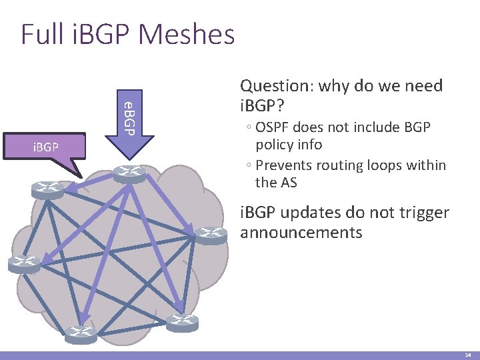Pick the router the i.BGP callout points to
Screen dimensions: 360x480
click(x=48, y=190)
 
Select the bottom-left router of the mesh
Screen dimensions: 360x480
click(x=81, y=334)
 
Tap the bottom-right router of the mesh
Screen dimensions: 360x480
click(x=182, y=323)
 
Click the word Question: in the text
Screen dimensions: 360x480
click(x=277, y=85)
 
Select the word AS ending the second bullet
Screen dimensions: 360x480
click(x=288, y=182)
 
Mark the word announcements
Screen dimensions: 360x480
click(x=301, y=232)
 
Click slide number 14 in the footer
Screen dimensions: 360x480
click(x=468, y=355)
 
